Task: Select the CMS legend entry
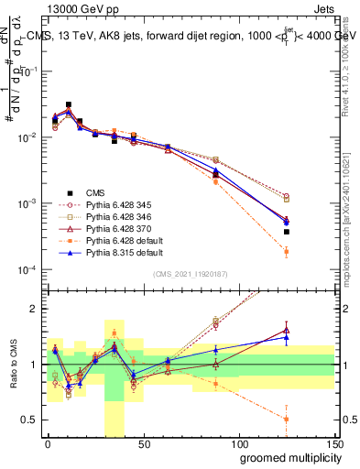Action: coord(95,192)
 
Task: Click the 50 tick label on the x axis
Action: coord(143,443)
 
